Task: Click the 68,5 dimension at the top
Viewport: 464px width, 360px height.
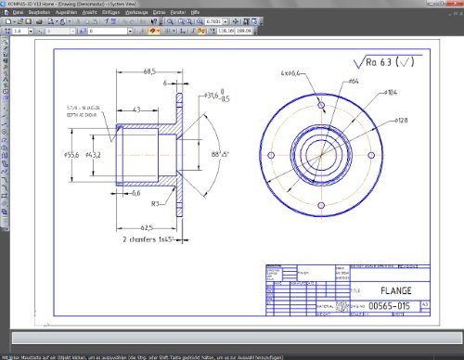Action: tap(149, 71)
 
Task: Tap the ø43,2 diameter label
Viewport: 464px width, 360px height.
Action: tap(92, 154)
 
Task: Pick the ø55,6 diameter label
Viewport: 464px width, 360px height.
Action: tap(71, 154)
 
